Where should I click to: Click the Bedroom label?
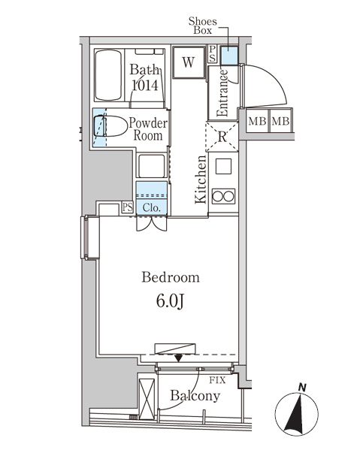pos(171,277)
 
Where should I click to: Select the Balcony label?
pos(195,396)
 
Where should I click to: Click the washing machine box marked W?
pos(189,62)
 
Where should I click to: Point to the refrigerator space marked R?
pos(222,137)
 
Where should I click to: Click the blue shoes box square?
pos(229,56)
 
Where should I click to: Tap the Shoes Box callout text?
pos(203,26)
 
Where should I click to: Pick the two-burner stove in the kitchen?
pos(223,196)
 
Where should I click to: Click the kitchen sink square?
pos(223,166)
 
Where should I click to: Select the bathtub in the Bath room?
pos(108,75)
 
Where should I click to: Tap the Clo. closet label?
pos(152,207)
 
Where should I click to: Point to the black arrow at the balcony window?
pos(179,358)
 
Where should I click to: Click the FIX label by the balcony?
pos(217,380)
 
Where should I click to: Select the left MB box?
pos(258,121)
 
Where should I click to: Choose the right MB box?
pos(280,121)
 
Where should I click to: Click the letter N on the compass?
pos(303,388)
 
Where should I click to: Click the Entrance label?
pos(222,93)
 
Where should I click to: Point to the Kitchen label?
pos(201,180)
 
